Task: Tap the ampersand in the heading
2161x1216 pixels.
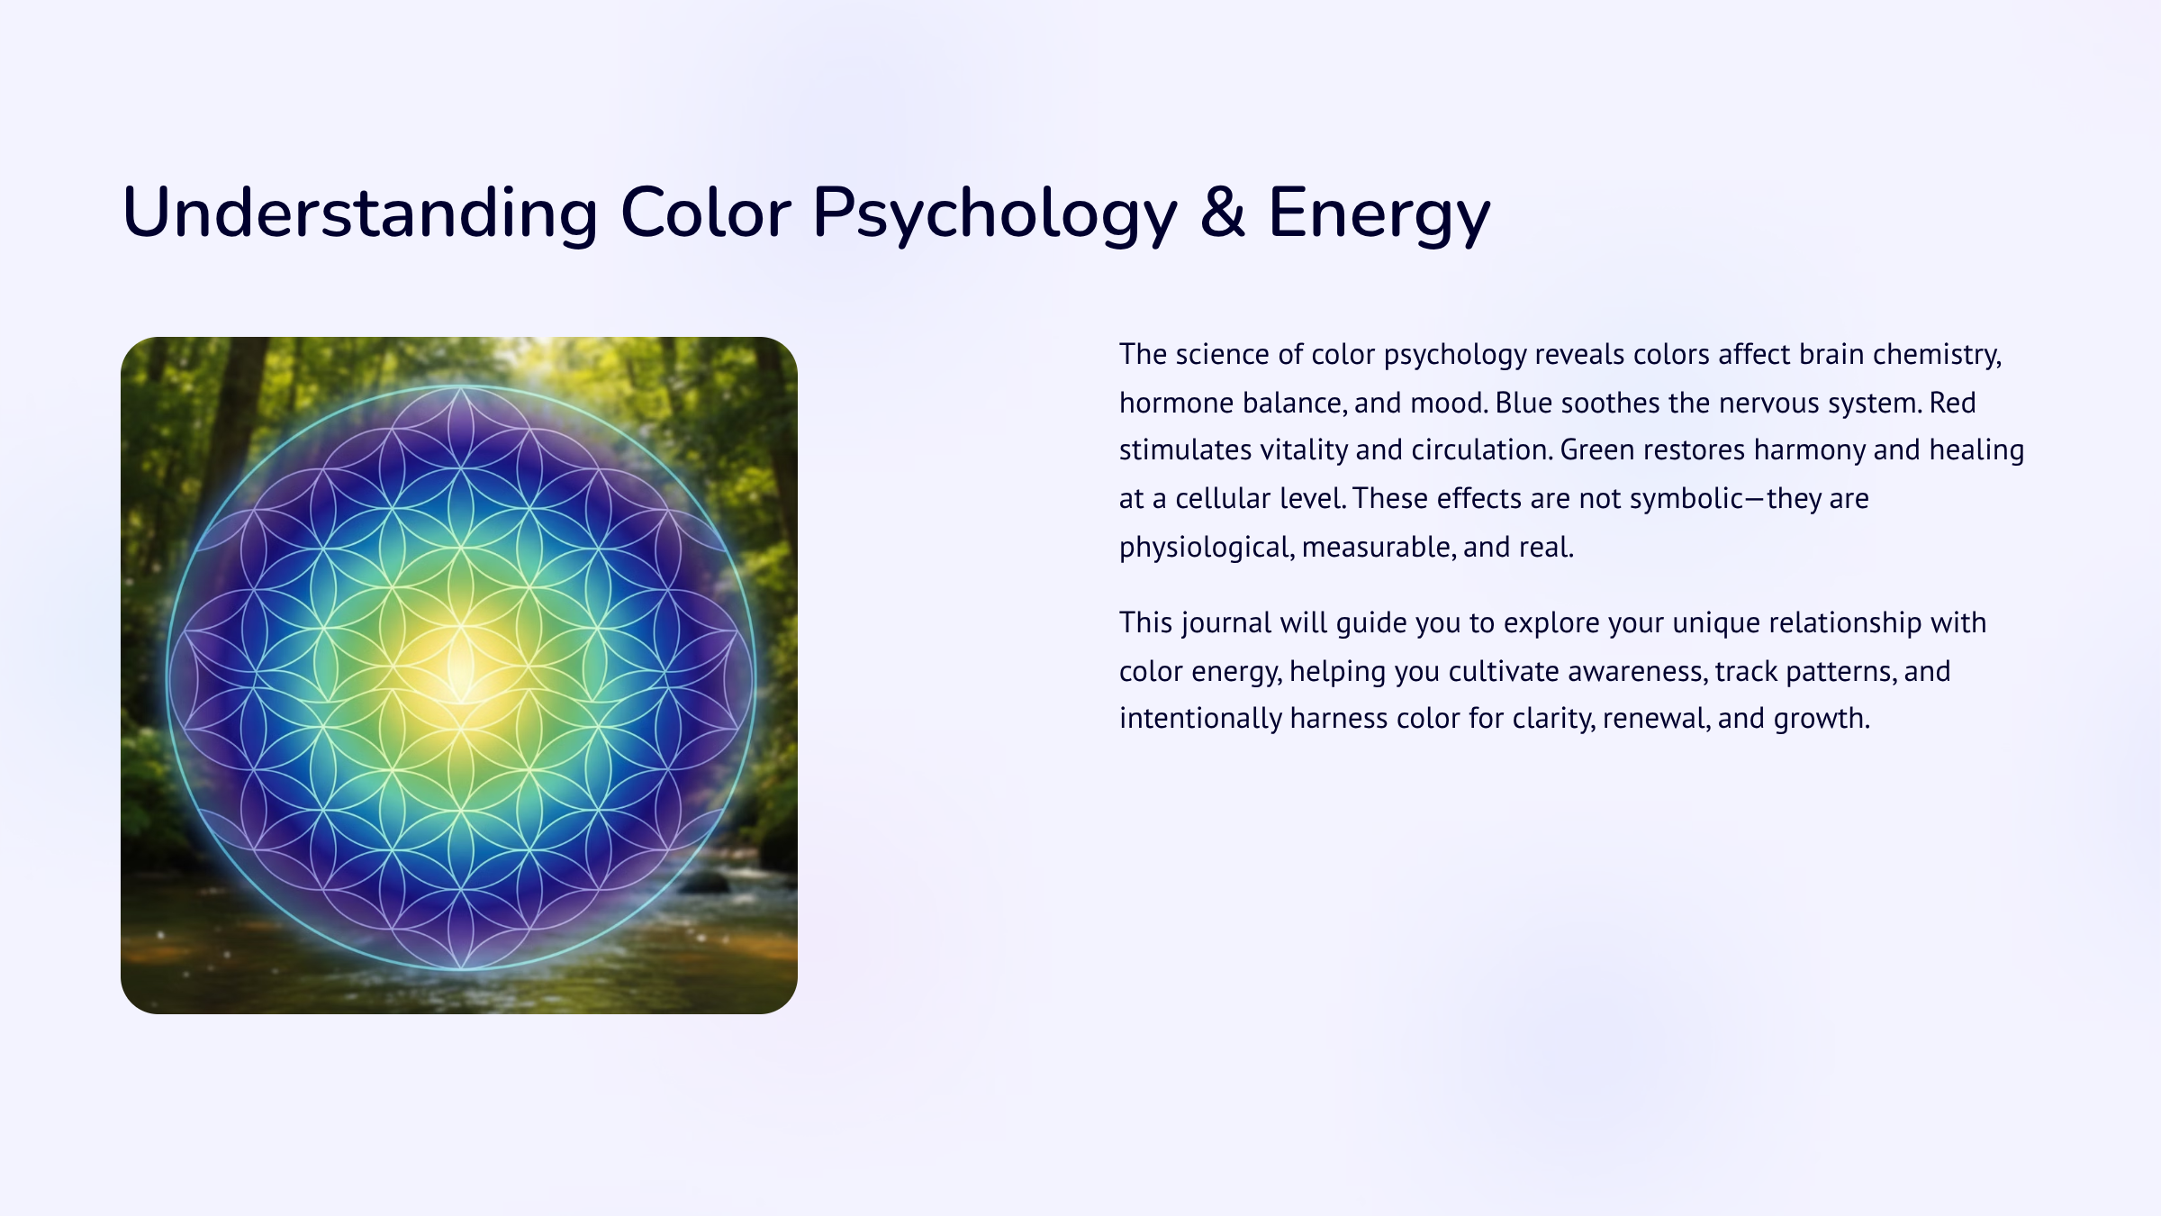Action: (x=1222, y=213)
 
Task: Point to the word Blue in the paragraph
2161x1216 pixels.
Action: (x=1524, y=403)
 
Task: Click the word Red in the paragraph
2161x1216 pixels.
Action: (x=1952, y=403)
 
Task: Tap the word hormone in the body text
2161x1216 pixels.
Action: (x=1176, y=403)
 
